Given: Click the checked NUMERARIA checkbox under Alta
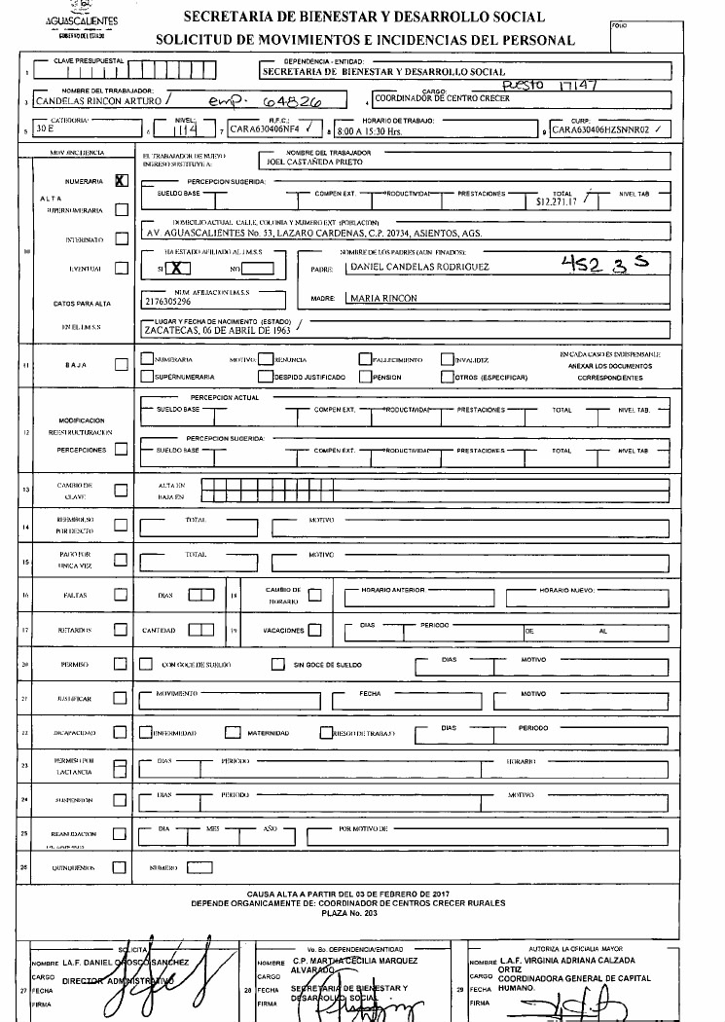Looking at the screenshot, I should pos(122,180).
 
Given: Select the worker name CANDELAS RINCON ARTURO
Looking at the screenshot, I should pos(97,99).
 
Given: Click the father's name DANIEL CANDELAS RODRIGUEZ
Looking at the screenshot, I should pos(419,266).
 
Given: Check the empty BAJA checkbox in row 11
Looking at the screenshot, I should pos(122,365).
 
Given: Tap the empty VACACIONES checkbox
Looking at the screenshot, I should pos(314,630).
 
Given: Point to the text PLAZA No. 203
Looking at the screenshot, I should pos(362,913).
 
